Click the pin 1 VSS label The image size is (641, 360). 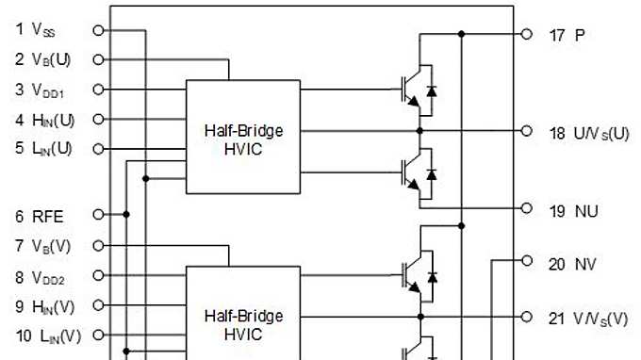(x=36, y=30)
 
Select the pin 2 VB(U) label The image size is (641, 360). (x=43, y=59)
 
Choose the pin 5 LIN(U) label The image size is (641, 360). (x=43, y=148)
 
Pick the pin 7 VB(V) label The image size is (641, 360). (x=43, y=246)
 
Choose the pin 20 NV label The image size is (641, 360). (x=573, y=264)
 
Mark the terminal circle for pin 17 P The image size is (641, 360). (x=527, y=34)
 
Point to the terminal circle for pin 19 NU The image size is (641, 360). (x=527, y=209)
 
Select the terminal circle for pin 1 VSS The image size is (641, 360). (x=98, y=29)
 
